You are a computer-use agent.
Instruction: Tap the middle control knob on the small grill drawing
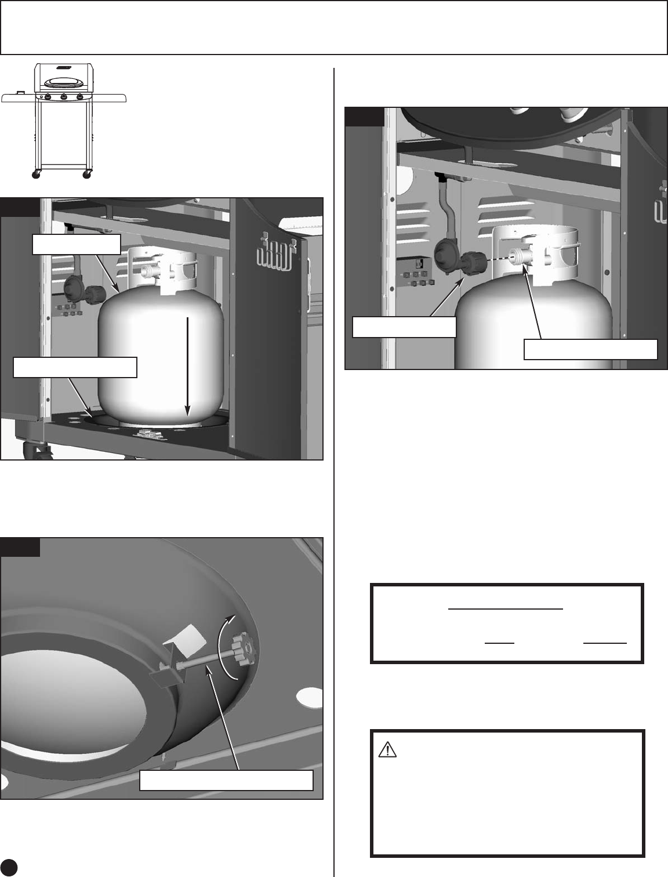coord(64,97)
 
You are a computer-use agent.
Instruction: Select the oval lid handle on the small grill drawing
coord(64,80)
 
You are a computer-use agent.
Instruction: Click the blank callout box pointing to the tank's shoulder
coord(76,244)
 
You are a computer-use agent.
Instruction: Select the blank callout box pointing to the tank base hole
coord(75,367)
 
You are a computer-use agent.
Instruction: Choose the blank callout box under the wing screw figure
coord(227,781)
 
